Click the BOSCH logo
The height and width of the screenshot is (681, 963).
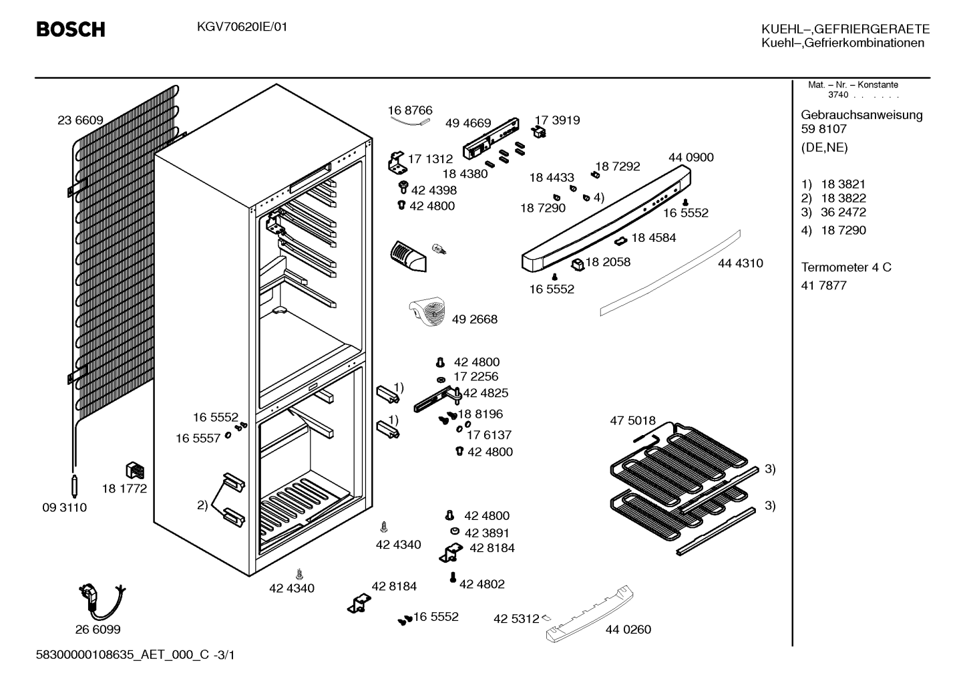click(x=71, y=29)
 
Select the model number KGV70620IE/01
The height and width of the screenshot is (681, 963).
click(x=242, y=27)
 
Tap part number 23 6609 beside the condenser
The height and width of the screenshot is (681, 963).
click(x=80, y=120)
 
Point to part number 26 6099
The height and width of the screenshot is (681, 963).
click(x=98, y=630)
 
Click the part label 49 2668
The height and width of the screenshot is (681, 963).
click(x=475, y=319)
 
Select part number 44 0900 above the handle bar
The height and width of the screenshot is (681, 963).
click(x=691, y=158)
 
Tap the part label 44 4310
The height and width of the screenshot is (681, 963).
click(x=741, y=263)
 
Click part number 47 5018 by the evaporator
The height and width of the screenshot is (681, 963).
click(x=633, y=420)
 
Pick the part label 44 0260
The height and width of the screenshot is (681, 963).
click(x=628, y=630)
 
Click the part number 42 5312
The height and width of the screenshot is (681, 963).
click(x=516, y=619)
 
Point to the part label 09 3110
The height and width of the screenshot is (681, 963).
click(x=65, y=508)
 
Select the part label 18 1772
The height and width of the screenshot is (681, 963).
click(x=124, y=489)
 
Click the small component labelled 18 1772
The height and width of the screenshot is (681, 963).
click(x=135, y=470)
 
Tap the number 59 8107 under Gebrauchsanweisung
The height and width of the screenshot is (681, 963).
click(x=823, y=129)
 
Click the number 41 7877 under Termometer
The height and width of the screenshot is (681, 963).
click(x=823, y=285)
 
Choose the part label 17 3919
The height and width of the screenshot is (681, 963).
click(x=557, y=120)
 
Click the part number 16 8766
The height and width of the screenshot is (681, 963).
click(x=410, y=110)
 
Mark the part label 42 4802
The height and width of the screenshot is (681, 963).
click(x=482, y=584)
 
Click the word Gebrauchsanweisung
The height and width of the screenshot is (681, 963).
click(x=861, y=116)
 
